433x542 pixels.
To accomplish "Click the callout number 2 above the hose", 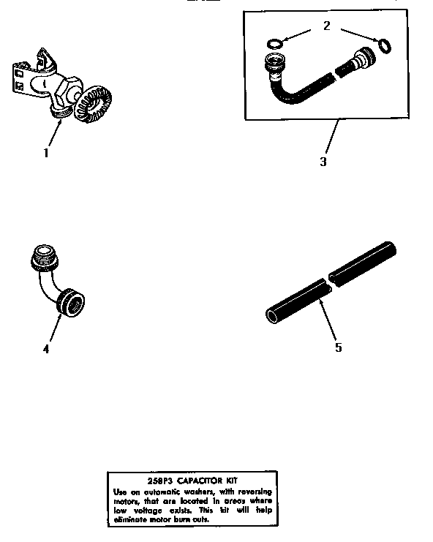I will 326,26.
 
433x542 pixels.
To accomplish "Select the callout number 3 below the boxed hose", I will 323,161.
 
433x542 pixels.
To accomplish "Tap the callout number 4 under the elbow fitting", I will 46,348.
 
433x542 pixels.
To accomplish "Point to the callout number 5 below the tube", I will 338,347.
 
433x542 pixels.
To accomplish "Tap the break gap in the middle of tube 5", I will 327,282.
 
